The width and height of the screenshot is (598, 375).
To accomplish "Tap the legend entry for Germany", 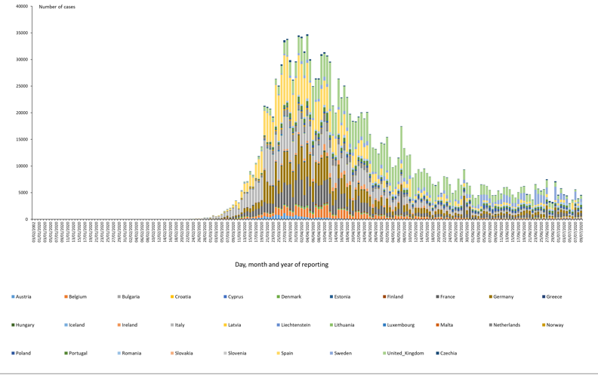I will click(503, 297).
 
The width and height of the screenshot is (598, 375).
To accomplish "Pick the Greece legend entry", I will click(553, 297).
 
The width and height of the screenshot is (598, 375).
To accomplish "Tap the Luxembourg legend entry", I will click(400, 325).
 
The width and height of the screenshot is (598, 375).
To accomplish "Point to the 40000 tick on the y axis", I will click(21, 7).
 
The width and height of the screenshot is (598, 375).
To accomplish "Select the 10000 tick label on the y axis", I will click(21, 166).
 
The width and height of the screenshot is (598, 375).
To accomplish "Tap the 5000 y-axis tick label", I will click(23, 193).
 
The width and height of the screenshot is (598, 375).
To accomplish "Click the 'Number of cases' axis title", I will click(57, 7).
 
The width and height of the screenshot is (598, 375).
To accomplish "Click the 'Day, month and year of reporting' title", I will click(282, 265).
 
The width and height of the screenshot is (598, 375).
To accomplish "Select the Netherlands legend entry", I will click(506, 325).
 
